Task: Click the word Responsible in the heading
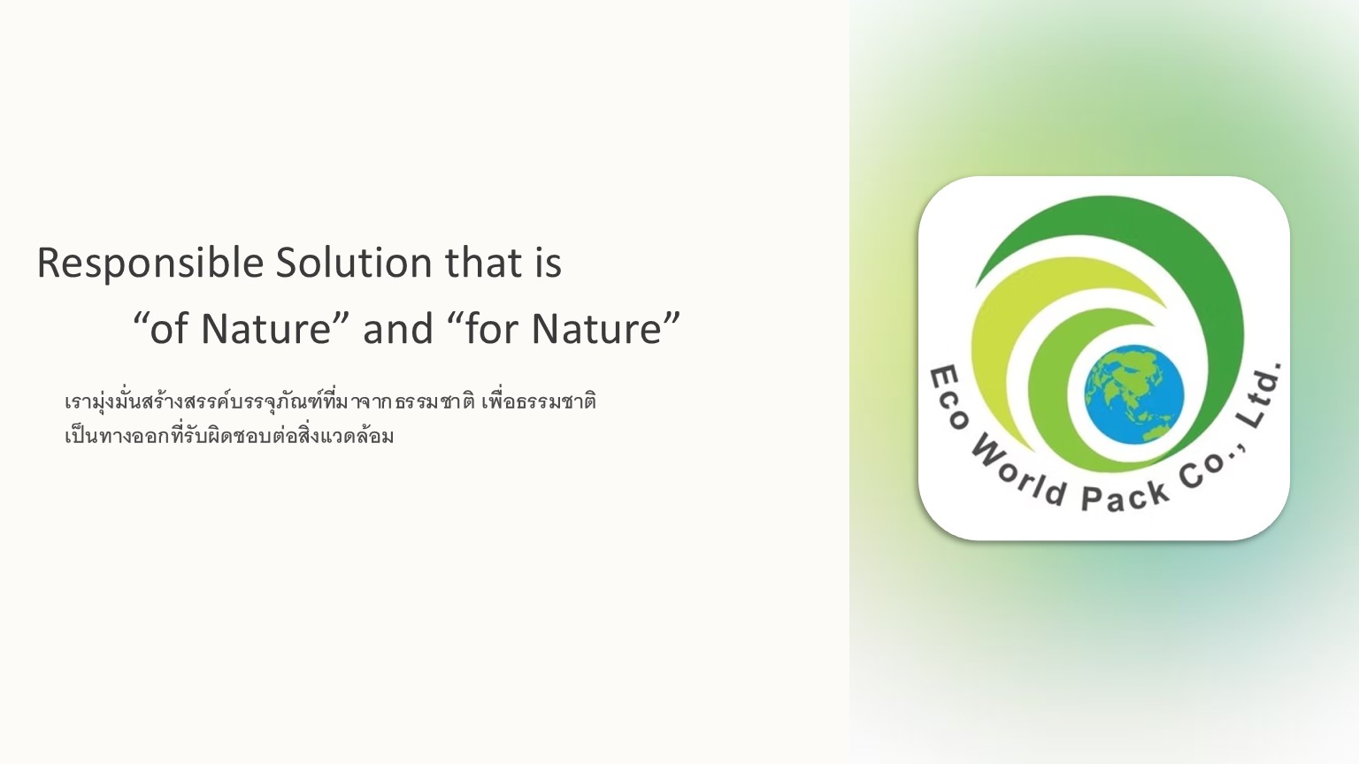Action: [x=150, y=264]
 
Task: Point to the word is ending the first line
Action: [x=548, y=264]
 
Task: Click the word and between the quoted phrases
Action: [x=398, y=328]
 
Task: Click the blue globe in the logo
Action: [x=1134, y=394]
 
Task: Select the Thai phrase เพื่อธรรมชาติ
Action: [x=539, y=402]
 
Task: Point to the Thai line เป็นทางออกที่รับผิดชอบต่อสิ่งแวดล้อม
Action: [x=229, y=435]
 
